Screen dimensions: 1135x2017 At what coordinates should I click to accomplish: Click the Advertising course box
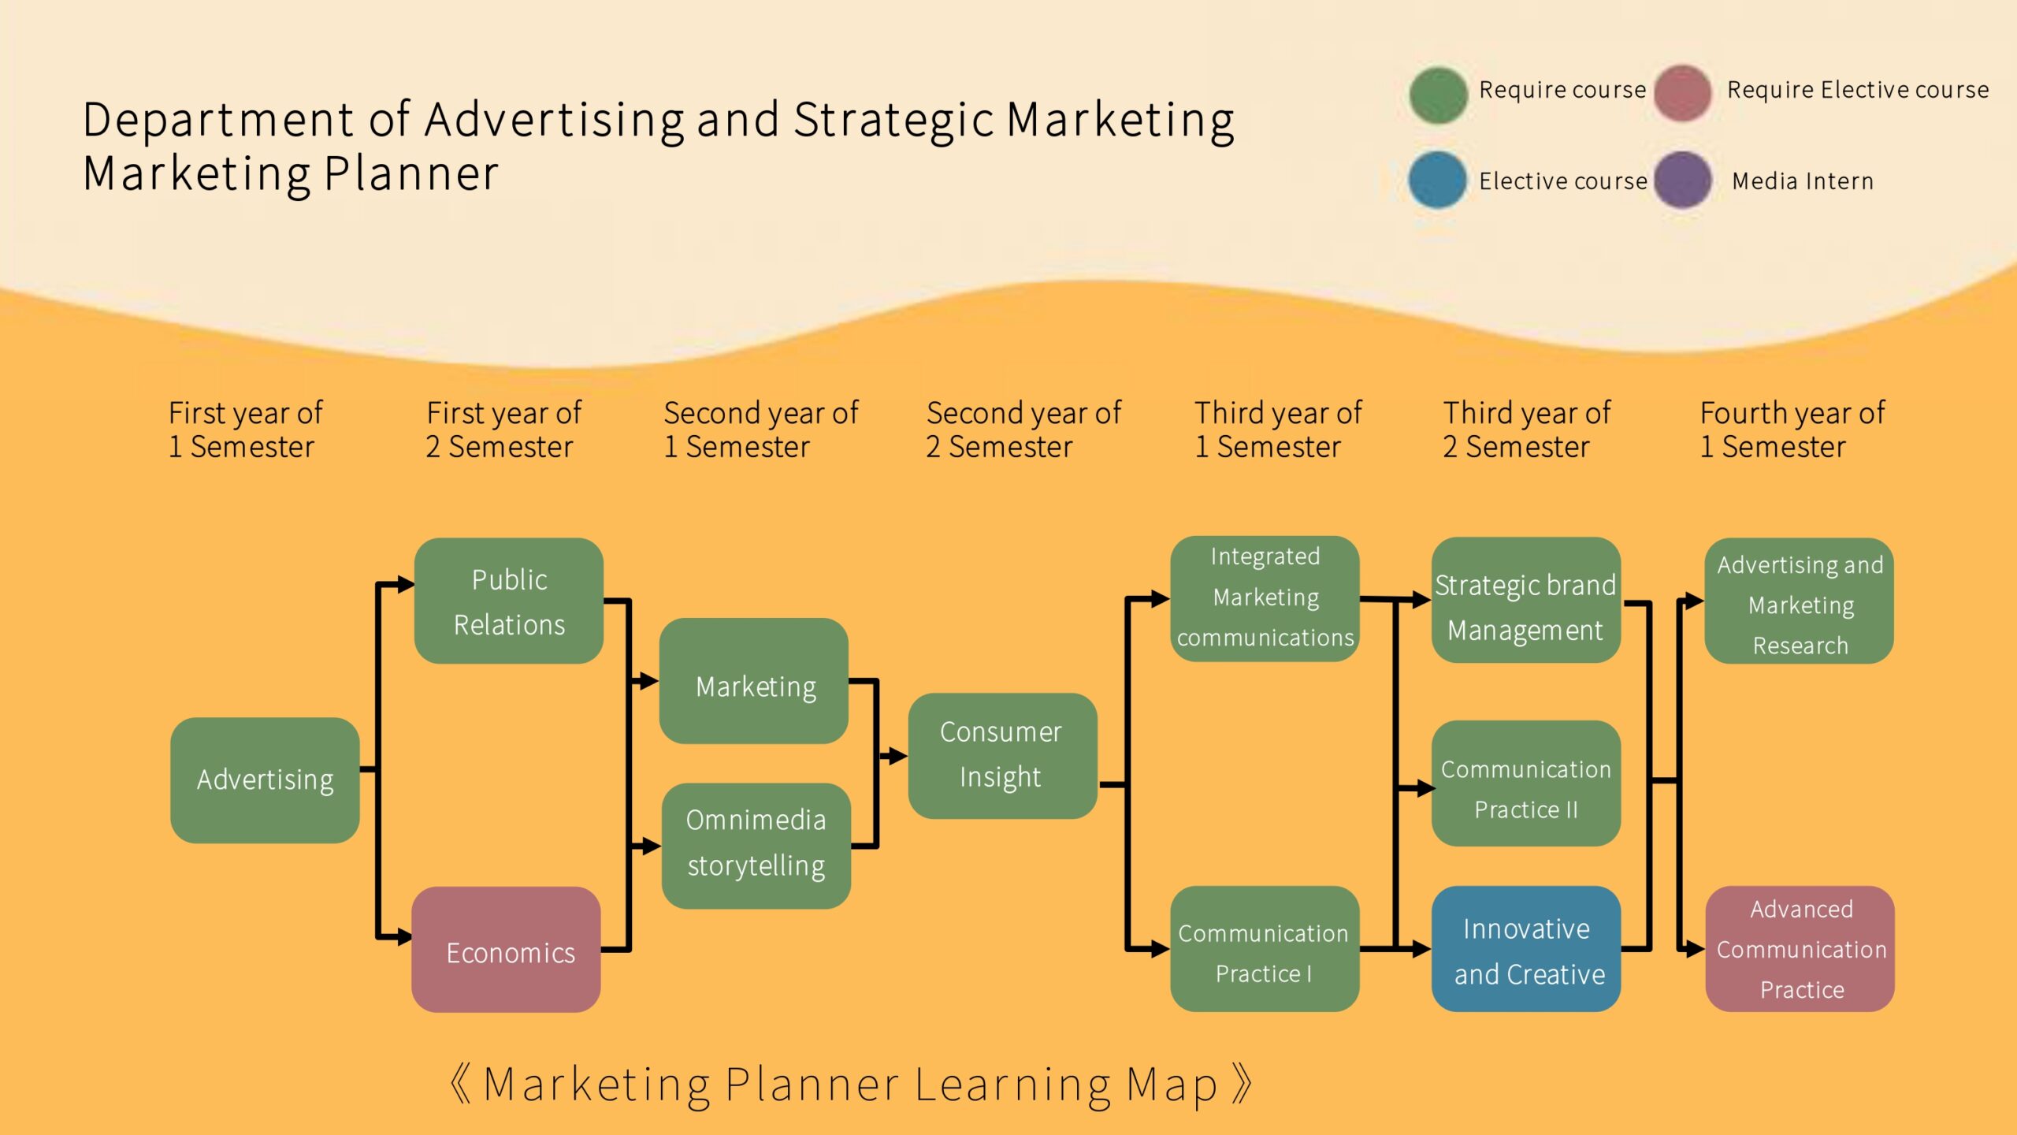pyautogui.click(x=265, y=780)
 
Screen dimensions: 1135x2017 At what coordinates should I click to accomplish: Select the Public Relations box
pyautogui.click(x=509, y=601)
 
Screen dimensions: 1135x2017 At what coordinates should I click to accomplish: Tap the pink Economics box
pyautogui.click(x=506, y=950)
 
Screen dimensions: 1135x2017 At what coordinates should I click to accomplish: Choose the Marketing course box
pyautogui.click(x=754, y=681)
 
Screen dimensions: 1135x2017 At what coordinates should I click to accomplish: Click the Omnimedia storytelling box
pyautogui.click(x=756, y=845)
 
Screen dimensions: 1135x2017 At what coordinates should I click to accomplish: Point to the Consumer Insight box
pyautogui.click(x=1002, y=755)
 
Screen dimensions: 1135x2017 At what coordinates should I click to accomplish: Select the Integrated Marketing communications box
pyautogui.click(x=1265, y=598)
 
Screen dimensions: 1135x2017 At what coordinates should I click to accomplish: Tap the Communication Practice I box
pyautogui.click(x=1265, y=949)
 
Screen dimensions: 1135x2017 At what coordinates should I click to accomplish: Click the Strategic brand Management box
pyautogui.click(x=1525, y=600)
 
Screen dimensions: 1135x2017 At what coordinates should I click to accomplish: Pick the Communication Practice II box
pyautogui.click(x=1525, y=783)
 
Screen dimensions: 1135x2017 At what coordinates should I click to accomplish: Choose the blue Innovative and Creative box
pyautogui.click(x=1525, y=949)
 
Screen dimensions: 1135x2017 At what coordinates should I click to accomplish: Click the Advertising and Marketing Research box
pyautogui.click(x=1799, y=601)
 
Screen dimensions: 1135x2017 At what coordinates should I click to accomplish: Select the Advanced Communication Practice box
pyautogui.click(x=1800, y=949)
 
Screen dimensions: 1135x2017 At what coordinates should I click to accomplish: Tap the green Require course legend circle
pyautogui.click(x=1438, y=95)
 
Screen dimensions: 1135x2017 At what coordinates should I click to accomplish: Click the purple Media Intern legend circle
pyautogui.click(x=1682, y=180)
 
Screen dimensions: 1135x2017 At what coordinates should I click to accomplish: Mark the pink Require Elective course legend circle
pyautogui.click(x=1682, y=93)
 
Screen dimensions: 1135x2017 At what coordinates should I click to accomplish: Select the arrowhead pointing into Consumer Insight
pyautogui.click(x=897, y=757)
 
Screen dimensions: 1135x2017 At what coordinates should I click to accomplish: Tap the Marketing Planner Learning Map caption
pyautogui.click(x=851, y=1085)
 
